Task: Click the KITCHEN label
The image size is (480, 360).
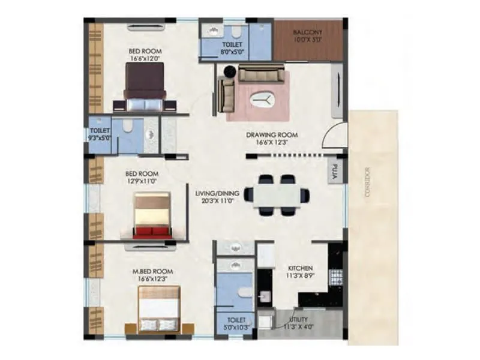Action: (299, 268)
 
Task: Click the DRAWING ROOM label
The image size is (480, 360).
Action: (271, 135)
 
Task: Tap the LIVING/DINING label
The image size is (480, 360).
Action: (217, 193)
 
